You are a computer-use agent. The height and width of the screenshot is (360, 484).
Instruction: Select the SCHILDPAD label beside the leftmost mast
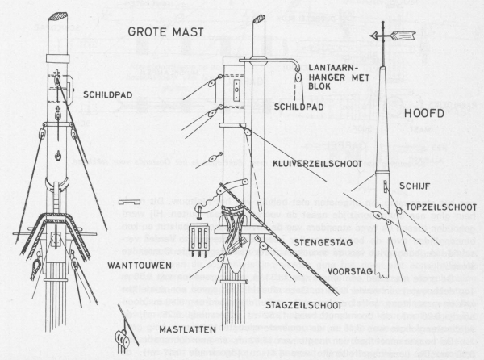point(106,94)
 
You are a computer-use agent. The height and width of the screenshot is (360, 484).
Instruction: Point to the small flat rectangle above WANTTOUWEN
point(128,201)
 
